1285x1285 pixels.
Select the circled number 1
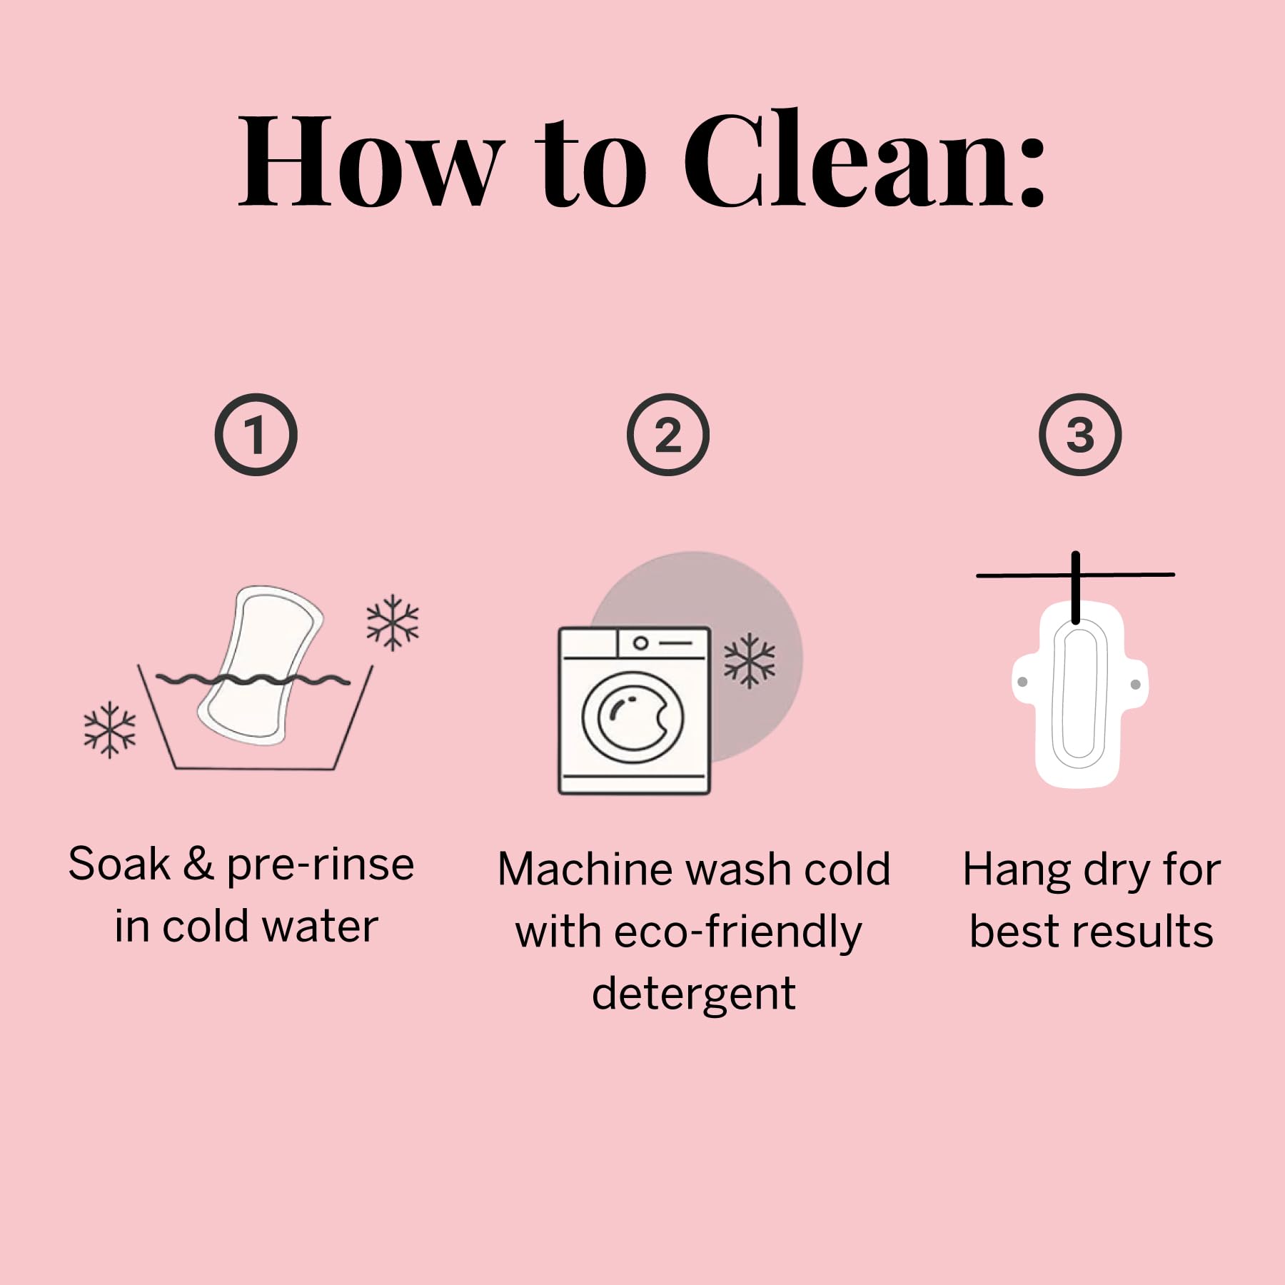click(256, 435)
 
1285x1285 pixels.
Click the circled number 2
click(667, 435)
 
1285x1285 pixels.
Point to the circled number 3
click(1079, 435)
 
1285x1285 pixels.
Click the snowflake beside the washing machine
click(750, 660)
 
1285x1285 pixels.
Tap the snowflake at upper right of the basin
click(393, 623)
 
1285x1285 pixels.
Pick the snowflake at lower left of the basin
click(109, 729)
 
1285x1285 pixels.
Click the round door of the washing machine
click(633, 717)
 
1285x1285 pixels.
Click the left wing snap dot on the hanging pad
click(1022, 682)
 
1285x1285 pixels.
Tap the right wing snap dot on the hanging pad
click(1136, 685)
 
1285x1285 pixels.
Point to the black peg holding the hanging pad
click(1075, 587)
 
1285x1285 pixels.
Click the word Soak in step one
click(119, 864)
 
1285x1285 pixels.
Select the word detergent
click(694, 994)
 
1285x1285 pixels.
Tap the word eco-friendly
click(737, 932)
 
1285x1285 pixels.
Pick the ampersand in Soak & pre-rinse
click(198, 864)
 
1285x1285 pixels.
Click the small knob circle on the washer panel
click(640, 643)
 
